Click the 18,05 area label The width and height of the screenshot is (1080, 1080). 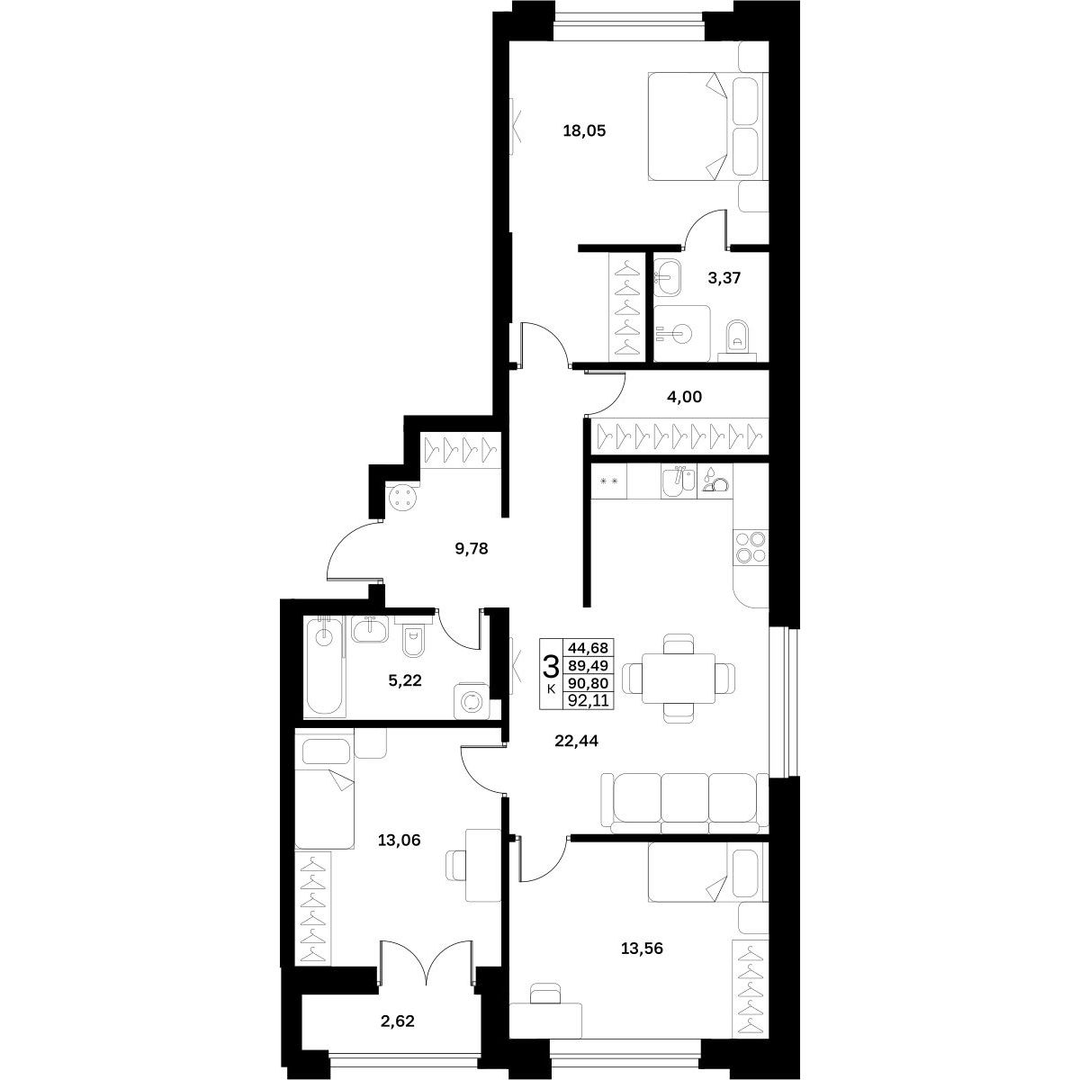[585, 131]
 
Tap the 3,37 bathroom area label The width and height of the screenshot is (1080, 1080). [724, 277]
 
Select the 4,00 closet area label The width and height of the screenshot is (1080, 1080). [684, 397]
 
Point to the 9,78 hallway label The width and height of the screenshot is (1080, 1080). [472, 549]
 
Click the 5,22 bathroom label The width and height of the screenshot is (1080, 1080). [405, 681]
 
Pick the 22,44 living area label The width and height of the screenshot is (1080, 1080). [576, 741]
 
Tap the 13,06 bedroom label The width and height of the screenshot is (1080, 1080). [399, 841]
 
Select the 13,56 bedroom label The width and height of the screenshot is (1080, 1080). [642, 949]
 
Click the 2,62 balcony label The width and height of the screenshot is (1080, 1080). [398, 1021]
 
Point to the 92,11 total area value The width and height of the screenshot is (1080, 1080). [588, 700]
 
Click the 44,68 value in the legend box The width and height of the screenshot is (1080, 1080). [588, 648]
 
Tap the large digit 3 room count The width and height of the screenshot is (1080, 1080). [552, 668]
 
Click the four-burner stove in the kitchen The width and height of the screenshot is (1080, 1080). [751, 547]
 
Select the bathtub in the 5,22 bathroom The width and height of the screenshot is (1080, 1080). [324, 665]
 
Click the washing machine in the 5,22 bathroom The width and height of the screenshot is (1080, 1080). [471, 700]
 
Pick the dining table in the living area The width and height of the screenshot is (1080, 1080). [679, 679]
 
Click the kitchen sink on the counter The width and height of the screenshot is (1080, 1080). [679, 481]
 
